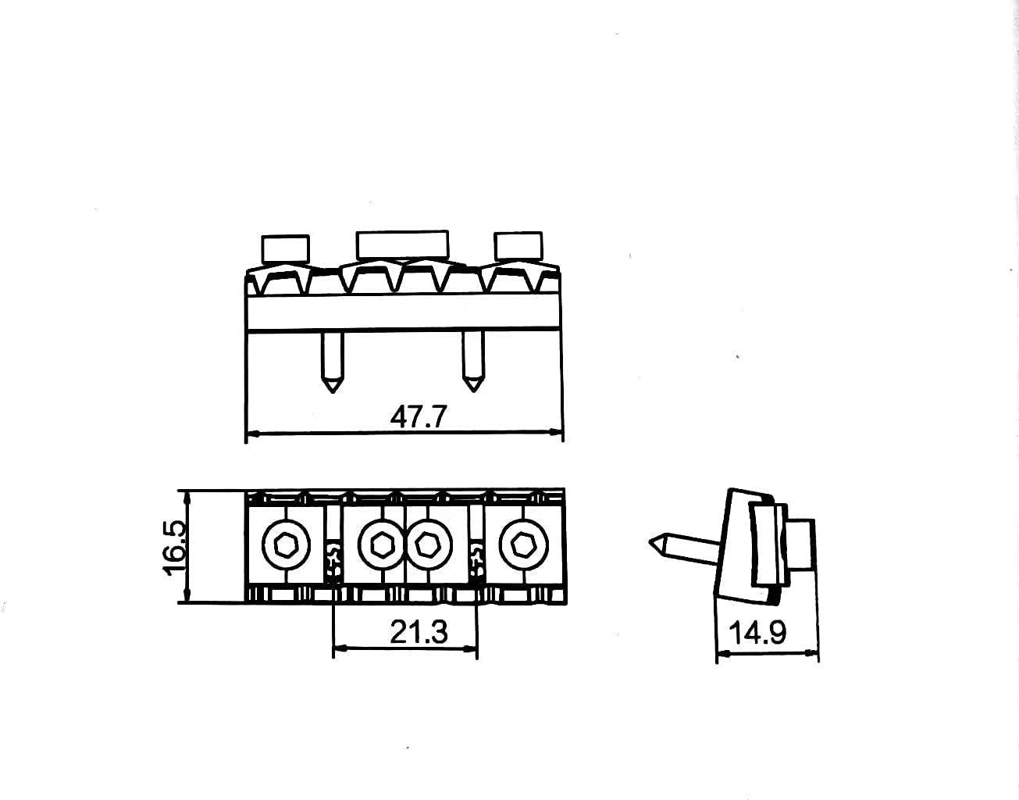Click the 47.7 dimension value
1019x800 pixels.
(419, 416)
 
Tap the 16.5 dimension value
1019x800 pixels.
(175, 548)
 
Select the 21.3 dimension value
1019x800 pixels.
(419, 632)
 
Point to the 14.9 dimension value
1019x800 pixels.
(757, 633)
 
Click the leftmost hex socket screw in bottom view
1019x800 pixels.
(286, 545)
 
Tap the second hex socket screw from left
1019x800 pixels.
(382, 545)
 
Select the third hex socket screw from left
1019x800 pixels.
(429, 545)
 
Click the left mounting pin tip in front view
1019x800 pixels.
(333, 391)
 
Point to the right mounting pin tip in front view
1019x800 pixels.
(472, 391)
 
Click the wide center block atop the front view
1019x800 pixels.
(402, 245)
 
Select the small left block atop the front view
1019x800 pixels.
(286, 248)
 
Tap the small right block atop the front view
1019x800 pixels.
(518, 245)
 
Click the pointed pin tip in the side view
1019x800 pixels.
(650, 542)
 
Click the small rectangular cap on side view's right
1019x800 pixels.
(801, 545)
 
